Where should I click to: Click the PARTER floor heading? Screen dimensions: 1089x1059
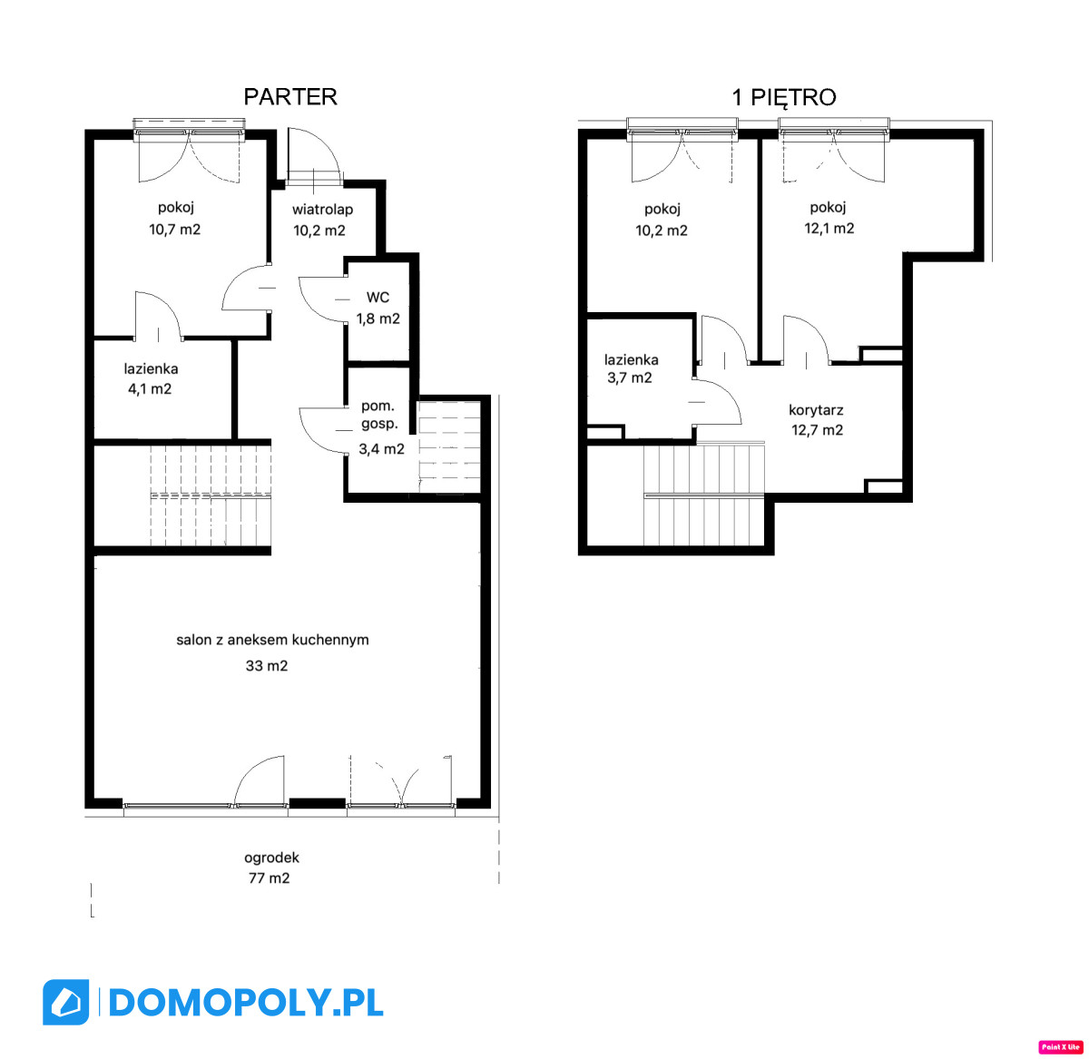click(289, 97)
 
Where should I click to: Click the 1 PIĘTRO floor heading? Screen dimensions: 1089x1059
click(783, 98)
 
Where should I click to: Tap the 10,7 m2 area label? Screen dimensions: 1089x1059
click(174, 230)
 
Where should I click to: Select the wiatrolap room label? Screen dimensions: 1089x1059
click(322, 210)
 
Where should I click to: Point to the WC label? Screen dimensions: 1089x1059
click(378, 298)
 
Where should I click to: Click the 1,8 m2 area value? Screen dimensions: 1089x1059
click(378, 319)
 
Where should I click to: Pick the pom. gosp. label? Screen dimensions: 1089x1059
click(378, 415)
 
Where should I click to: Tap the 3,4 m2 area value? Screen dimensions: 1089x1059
click(381, 449)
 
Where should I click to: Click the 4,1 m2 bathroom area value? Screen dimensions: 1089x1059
click(150, 389)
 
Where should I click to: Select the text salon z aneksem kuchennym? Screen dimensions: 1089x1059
click(272, 640)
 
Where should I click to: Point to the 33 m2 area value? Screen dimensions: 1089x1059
click(267, 665)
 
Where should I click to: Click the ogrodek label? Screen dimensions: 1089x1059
click(271, 858)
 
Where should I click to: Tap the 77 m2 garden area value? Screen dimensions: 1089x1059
click(270, 878)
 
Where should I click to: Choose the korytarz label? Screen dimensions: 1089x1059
click(815, 410)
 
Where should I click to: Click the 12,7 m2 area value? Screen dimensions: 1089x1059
click(817, 430)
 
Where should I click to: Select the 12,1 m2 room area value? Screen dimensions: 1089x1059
click(829, 229)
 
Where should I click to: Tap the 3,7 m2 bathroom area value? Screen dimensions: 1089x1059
click(630, 378)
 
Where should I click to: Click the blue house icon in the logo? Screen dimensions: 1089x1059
click(65, 1002)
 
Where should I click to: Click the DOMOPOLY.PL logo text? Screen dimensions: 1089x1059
click(246, 1002)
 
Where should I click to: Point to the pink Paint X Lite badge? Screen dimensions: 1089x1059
click(1060, 1046)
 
